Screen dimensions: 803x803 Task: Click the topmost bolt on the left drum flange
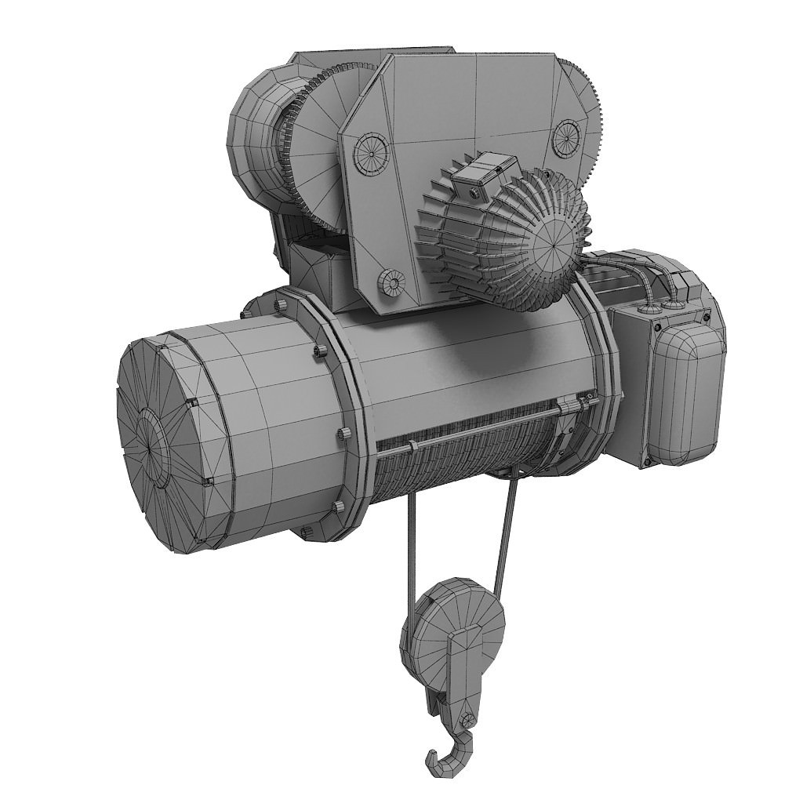tap(278, 302)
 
